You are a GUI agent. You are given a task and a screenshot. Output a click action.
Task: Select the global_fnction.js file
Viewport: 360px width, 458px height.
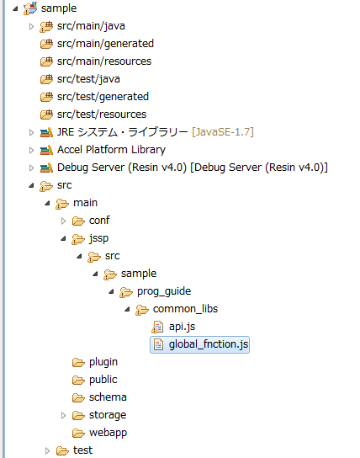pos(209,344)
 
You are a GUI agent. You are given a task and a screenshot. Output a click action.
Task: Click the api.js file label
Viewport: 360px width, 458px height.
pos(182,327)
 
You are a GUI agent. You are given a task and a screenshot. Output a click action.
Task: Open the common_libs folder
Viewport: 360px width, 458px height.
pos(185,309)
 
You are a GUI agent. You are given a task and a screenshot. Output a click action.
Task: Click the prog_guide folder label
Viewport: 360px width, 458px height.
pos(164,291)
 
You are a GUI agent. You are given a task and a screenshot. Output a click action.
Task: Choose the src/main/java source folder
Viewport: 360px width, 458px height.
pos(91,26)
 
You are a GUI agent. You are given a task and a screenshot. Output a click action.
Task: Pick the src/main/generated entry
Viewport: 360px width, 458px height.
pos(105,44)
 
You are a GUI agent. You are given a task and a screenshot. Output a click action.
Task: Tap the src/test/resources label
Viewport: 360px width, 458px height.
pos(102,114)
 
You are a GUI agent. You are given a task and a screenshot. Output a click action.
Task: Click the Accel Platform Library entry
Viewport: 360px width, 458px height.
pos(111,150)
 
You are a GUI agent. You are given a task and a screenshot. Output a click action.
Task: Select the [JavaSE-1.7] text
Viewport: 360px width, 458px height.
pos(223,132)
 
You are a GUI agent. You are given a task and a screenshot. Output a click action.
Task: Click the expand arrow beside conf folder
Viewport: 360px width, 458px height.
pos(63,221)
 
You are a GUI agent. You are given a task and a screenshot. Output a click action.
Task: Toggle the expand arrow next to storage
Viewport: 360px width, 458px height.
pos(63,415)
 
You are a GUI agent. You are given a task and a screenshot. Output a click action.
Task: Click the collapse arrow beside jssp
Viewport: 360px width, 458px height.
pos(63,239)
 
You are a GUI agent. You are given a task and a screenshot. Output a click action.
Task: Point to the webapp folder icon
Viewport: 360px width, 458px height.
pos(78,433)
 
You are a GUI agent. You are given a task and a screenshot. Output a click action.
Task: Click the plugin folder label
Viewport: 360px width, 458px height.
pos(103,362)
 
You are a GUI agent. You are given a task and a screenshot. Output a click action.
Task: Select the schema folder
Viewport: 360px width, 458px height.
pos(108,397)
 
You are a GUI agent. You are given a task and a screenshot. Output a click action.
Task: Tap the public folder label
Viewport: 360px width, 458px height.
pos(103,380)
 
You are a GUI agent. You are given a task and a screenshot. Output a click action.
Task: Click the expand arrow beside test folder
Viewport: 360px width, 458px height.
pos(47,450)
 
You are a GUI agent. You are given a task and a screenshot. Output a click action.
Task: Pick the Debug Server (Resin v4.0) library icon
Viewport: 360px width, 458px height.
pos(46,168)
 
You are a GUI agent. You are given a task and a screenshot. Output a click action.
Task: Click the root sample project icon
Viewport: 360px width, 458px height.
pos(30,8)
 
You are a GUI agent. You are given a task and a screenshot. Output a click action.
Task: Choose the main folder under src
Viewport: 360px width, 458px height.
pos(85,203)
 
